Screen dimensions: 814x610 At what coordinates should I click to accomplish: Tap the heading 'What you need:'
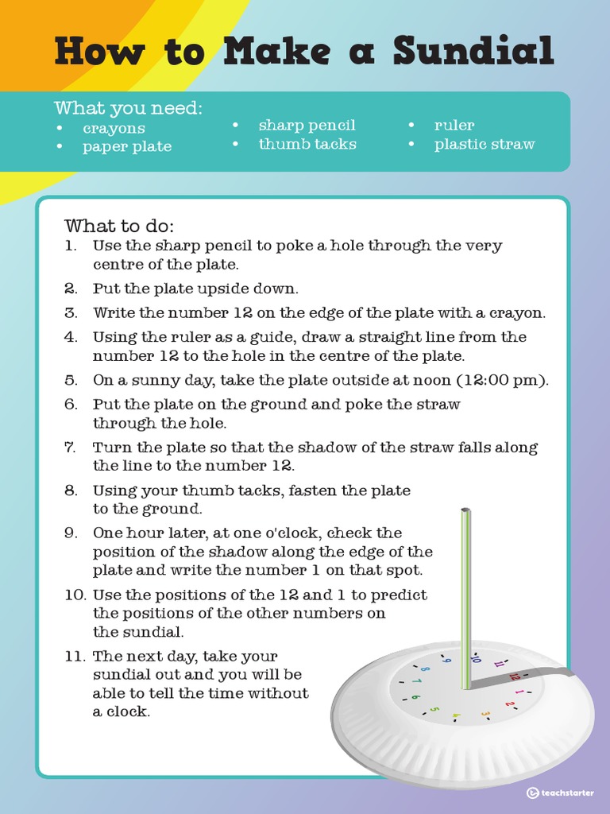pos(128,108)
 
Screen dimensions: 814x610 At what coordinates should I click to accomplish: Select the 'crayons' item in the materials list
pos(114,128)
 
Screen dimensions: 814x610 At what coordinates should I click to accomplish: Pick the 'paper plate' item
pos(126,146)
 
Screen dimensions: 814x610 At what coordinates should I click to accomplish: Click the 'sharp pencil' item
pos(307,126)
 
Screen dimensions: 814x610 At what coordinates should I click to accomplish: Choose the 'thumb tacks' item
pos(307,144)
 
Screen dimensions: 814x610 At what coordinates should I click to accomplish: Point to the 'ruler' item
pos(454,126)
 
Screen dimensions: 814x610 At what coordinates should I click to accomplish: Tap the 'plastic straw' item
pos(484,144)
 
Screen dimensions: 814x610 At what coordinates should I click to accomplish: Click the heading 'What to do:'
pos(119,225)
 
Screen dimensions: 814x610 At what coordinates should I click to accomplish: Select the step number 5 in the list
pos(71,380)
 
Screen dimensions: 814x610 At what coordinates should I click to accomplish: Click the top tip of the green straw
pos(466,511)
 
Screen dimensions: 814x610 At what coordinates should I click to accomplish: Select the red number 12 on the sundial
pos(515,676)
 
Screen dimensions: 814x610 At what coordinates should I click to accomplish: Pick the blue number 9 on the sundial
pos(446,660)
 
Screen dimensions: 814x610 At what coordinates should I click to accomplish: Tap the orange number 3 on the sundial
pos(485,714)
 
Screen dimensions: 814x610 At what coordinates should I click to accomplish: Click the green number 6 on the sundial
pos(415,698)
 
